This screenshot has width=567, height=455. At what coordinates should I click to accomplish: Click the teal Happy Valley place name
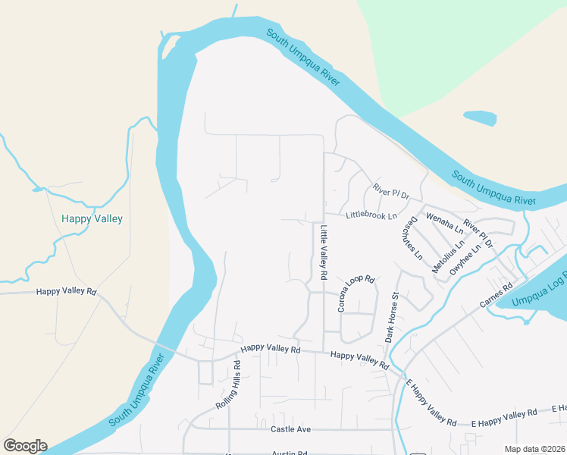(x=92, y=218)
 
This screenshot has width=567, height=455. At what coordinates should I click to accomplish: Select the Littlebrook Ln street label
(x=371, y=216)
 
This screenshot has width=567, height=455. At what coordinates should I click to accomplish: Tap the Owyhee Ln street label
(x=465, y=259)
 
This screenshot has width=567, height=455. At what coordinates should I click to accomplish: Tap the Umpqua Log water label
(x=539, y=291)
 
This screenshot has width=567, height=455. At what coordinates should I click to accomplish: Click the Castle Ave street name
(x=291, y=429)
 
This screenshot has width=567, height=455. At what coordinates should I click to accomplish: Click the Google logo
(x=25, y=446)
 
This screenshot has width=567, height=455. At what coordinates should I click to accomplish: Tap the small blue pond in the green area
(x=479, y=118)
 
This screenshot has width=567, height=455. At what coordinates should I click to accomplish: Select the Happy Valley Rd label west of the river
(x=67, y=291)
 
